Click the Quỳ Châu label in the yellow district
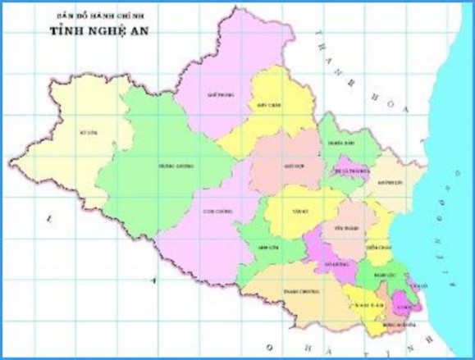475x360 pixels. tap(274, 106)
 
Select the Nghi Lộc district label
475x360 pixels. tap(378, 275)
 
